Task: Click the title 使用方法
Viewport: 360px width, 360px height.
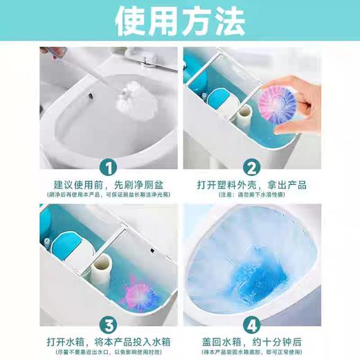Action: (179, 23)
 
